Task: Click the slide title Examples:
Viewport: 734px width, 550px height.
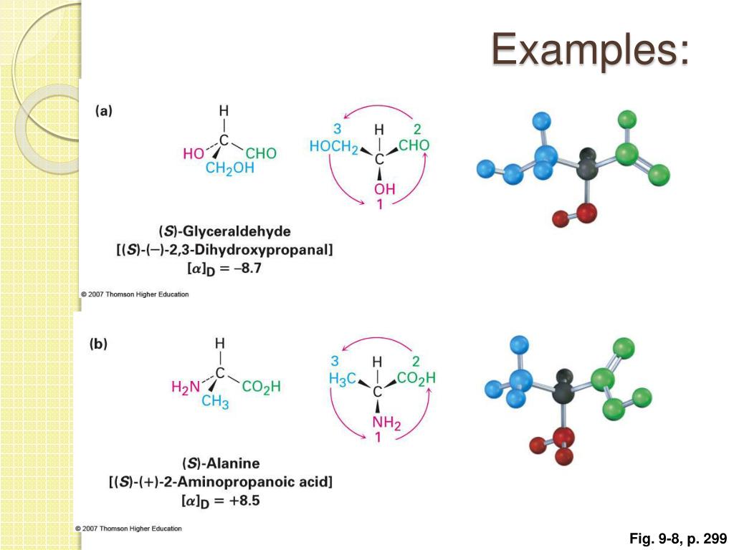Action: (x=591, y=49)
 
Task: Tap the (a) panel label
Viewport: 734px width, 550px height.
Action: (x=104, y=111)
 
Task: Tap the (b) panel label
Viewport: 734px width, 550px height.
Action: (x=98, y=343)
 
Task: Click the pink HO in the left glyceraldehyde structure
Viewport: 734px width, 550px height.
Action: (x=194, y=153)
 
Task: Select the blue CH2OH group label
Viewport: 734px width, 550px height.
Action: (x=230, y=168)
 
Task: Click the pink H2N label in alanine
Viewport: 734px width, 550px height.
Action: (x=186, y=387)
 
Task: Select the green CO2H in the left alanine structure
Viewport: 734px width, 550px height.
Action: (x=261, y=387)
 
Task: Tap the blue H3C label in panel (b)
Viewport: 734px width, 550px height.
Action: (x=342, y=378)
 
